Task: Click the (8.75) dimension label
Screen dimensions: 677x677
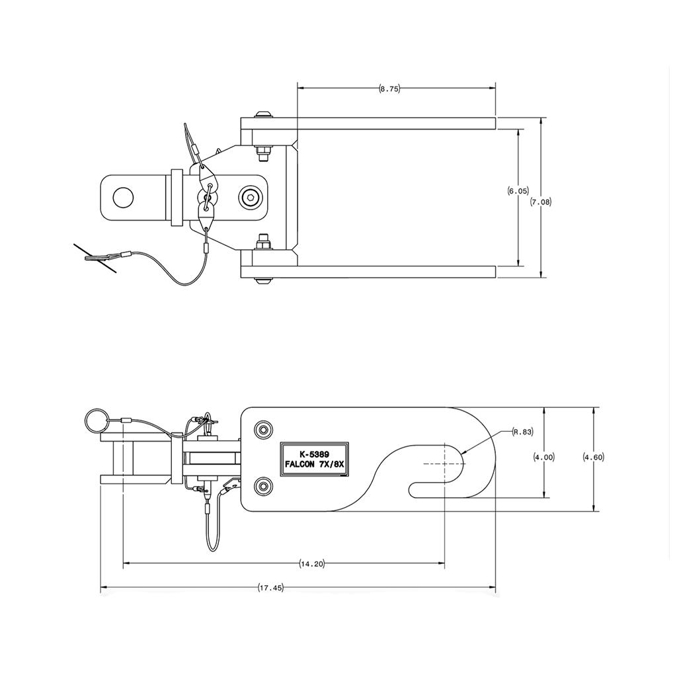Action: [x=389, y=89]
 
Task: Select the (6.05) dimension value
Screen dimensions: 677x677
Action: [x=518, y=191]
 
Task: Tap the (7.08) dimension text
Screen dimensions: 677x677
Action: [x=541, y=202]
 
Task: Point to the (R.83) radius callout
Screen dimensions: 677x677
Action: [x=522, y=432]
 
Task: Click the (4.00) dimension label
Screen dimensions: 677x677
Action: [x=544, y=457]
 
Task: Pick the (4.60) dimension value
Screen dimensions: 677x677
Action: [x=594, y=457]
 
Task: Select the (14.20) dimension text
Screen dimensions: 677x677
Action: [x=312, y=564]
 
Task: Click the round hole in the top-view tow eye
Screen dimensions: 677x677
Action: [x=123, y=196]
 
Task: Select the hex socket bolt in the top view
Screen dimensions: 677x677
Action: [x=251, y=196]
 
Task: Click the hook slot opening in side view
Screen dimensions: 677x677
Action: [x=436, y=491]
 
